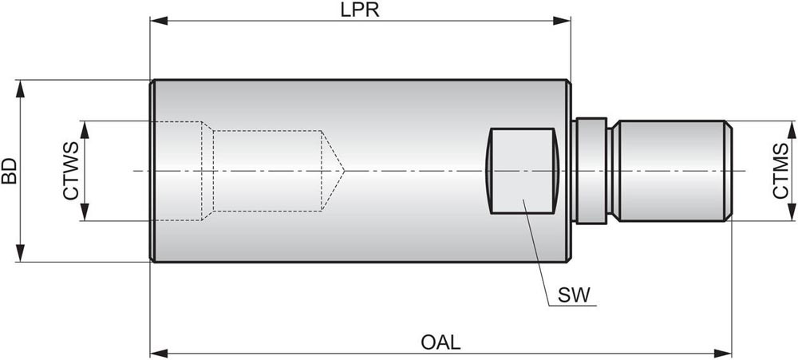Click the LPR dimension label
pos(360,10)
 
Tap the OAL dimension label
pos(440,342)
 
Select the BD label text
pos(10,170)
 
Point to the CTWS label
pos(70,171)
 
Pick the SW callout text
pos(575,295)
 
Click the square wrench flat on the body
pos(522,170)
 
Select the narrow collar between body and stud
pos(590,170)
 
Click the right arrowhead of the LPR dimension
pos(565,22)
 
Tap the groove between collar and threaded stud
pos(613,170)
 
